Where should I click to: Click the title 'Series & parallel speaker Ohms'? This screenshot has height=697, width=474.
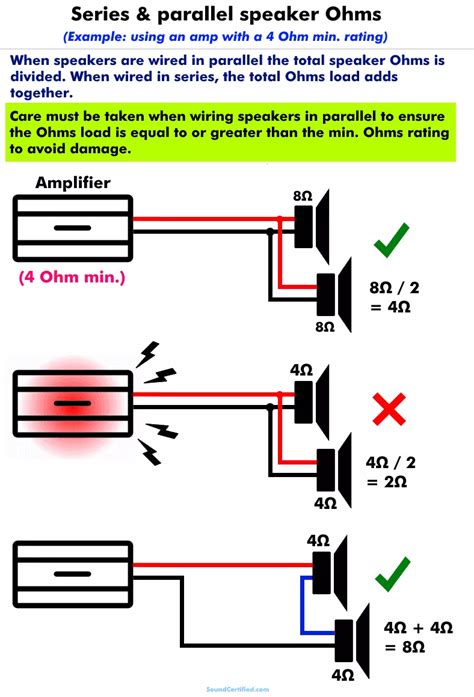coord(237,15)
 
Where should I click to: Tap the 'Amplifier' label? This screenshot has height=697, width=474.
coord(71,182)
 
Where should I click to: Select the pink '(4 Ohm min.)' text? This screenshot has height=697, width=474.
coord(71,276)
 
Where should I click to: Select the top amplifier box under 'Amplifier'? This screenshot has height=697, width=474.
coord(71,228)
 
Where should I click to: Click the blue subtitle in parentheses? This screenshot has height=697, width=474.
coord(237,36)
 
